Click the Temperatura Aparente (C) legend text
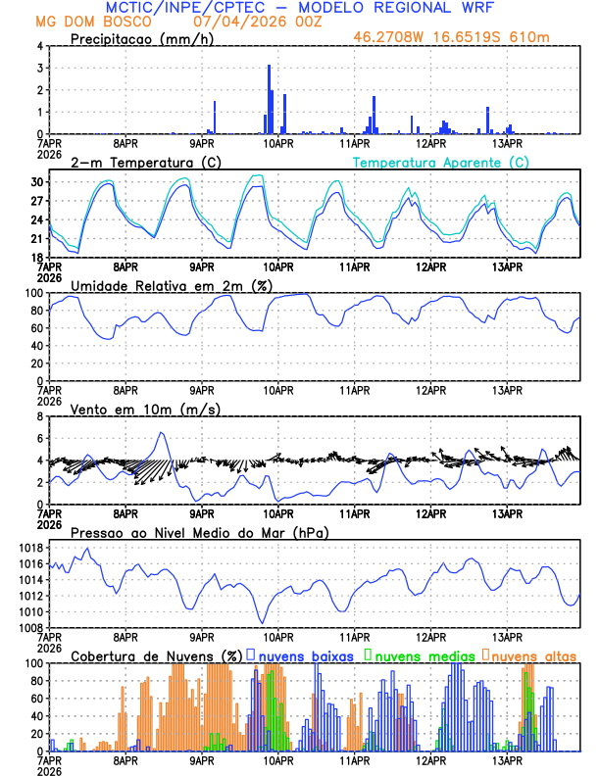[440, 162]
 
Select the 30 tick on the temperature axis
[36, 182]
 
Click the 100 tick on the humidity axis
[33, 293]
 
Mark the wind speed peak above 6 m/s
[162, 433]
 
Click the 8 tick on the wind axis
[38, 416]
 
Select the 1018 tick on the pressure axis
[29, 549]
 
